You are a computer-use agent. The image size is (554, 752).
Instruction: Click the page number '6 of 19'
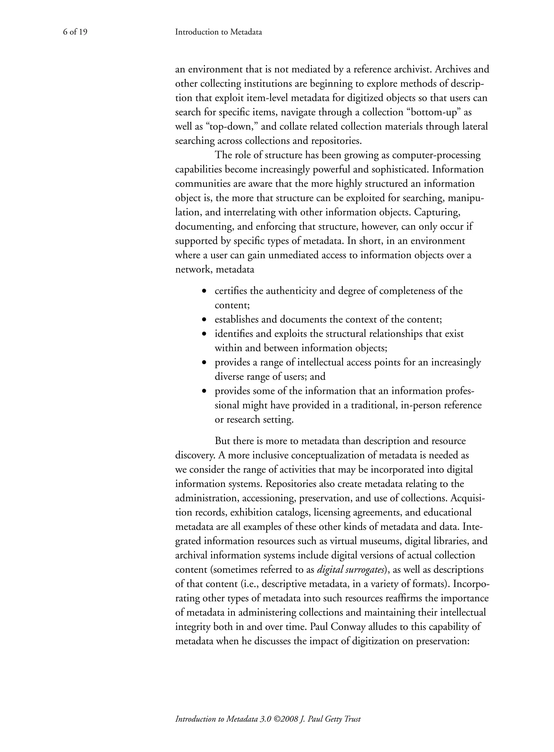pos(75,32)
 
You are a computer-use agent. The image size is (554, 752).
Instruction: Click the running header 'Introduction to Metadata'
pos(218,32)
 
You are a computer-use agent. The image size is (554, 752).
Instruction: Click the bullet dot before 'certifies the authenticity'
pos(204,291)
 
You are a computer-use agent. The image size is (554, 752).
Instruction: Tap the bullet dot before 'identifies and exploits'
pos(204,334)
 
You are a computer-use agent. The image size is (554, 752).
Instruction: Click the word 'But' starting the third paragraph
pos(222,441)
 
